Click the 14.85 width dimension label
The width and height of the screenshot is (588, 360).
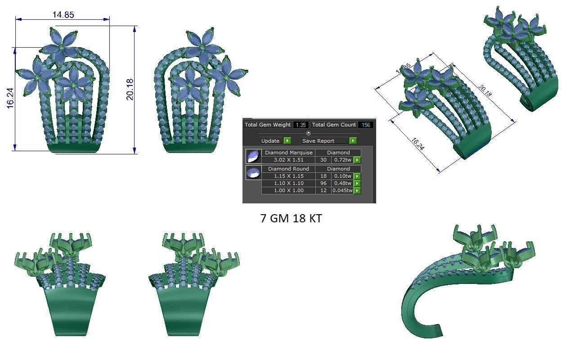pos(63,15)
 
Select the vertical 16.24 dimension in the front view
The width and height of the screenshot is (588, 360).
pos(10,98)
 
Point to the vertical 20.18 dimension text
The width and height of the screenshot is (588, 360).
pos(130,89)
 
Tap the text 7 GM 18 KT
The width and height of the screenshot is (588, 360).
pos(291,219)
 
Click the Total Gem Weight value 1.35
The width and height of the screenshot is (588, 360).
pos(301,125)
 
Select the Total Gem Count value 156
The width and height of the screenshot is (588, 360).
pos(366,125)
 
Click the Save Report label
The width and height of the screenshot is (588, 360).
pos(318,141)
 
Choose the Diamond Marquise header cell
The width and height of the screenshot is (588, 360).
pos(288,153)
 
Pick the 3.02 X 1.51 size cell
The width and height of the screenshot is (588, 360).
pos(288,160)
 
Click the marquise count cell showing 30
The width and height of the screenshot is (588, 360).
pos(323,160)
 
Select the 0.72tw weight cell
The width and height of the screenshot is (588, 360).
pos(342,160)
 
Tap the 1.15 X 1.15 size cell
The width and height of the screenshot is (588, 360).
pos(288,176)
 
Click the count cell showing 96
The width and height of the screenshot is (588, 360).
pos(323,183)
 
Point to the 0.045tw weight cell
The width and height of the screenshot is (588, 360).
pos(342,190)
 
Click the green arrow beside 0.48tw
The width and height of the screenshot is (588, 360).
pos(357,183)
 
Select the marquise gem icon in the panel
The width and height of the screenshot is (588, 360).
pos(253,156)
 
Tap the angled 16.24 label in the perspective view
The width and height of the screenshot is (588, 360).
pos(417,145)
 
